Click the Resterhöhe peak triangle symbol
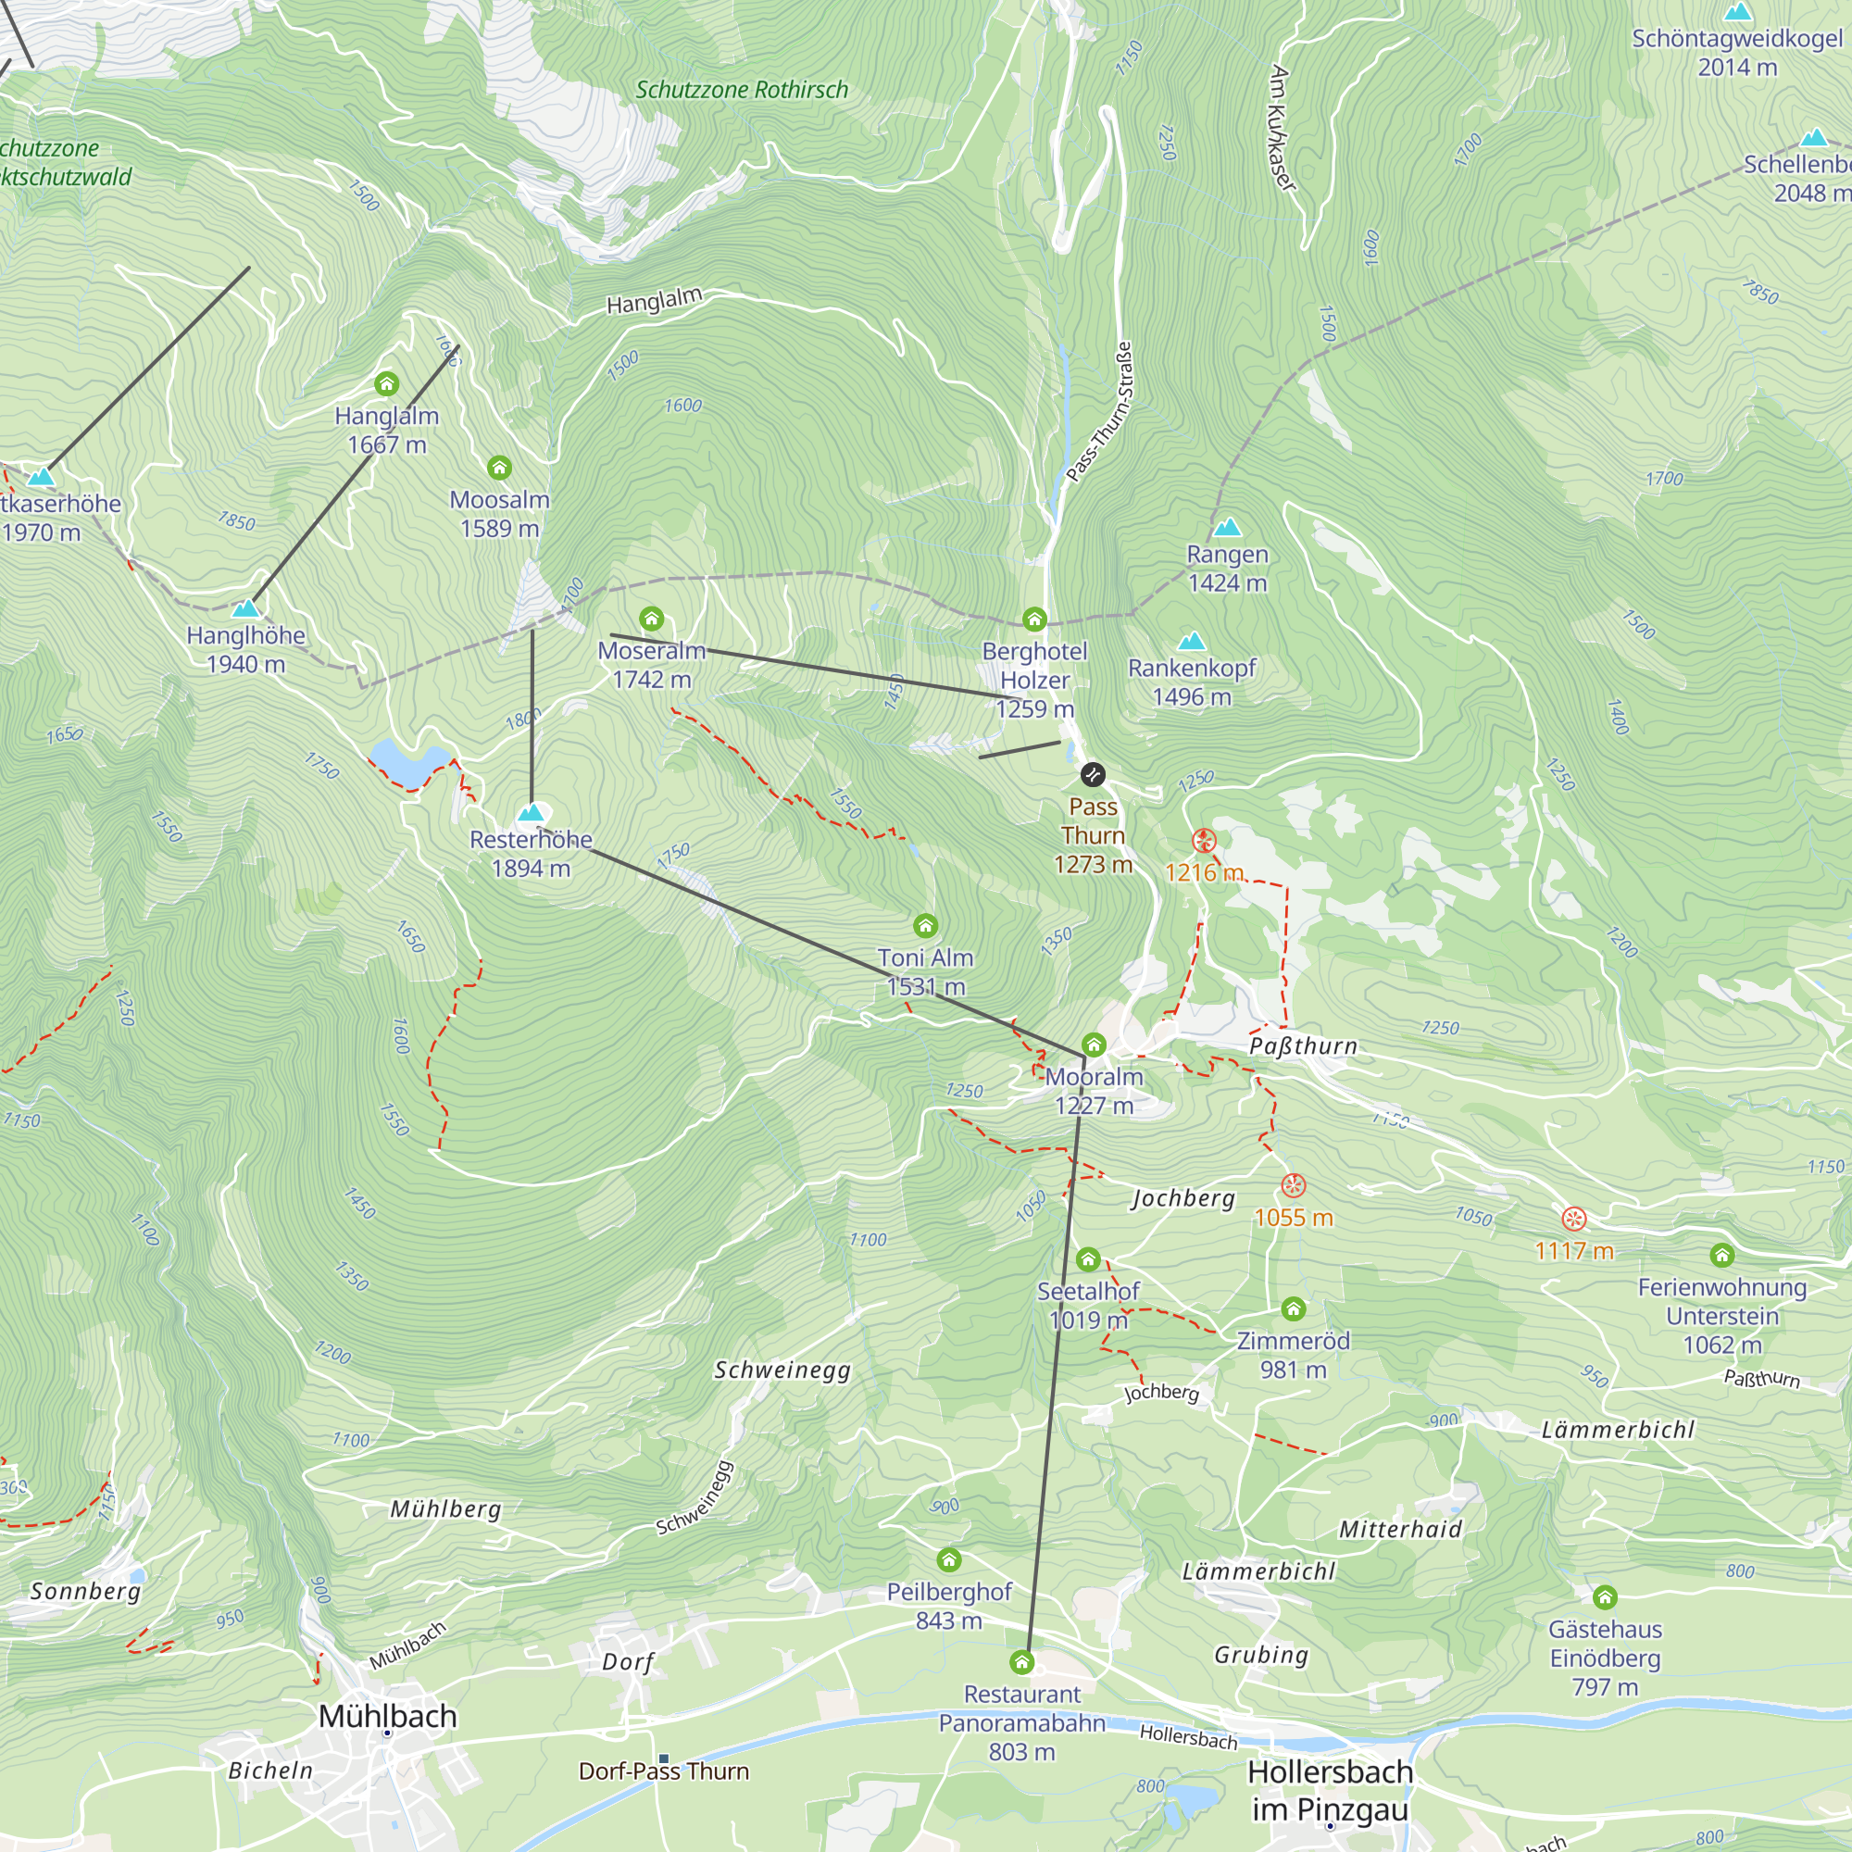[x=531, y=814]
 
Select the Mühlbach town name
[x=387, y=1716]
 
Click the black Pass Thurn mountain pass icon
[x=1093, y=774]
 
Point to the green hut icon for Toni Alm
[x=925, y=926]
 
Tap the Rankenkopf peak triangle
[x=1192, y=642]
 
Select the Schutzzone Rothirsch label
[x=742, y=90]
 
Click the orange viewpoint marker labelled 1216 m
[x=1204, y=842]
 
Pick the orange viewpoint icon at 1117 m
[x=1574, y=1220]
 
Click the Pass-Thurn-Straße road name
[x=1100, y=412]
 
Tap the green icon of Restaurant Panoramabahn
[x=1022, y=1661]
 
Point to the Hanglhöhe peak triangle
[x=246, y=608]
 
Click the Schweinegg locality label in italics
[x=782, y=1370]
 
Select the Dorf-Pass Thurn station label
[x=663, y=1771]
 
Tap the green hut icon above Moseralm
[x=652, y=619]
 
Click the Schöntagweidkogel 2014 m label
[x=1737, y=53]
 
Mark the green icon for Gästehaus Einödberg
[x=1605, y=1597]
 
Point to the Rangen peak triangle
[x=1227, y=527]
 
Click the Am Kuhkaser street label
[x=1283, y=129]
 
